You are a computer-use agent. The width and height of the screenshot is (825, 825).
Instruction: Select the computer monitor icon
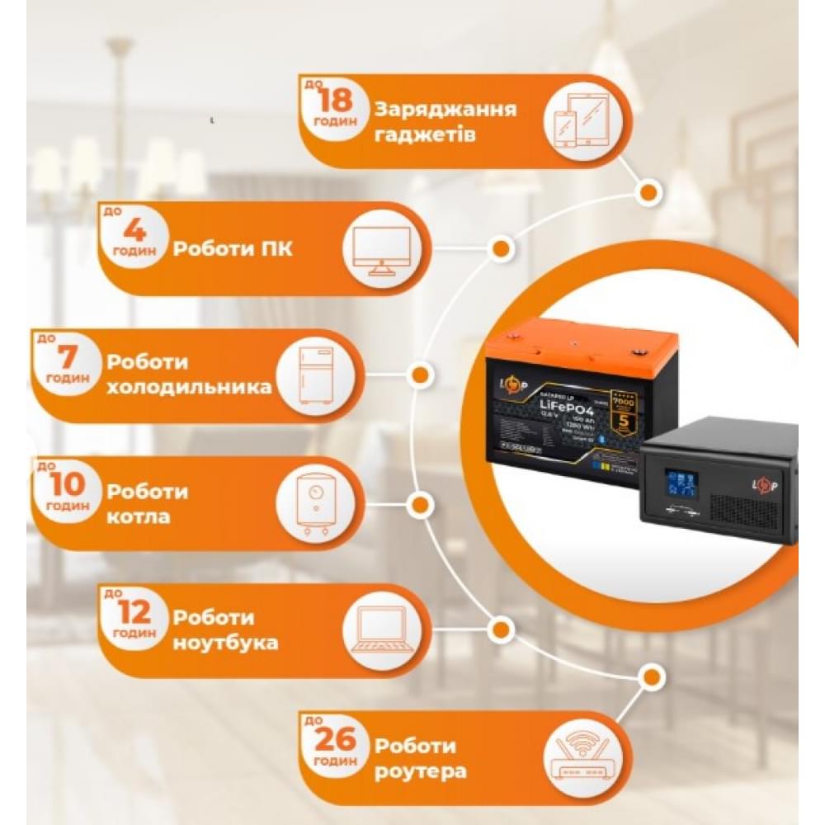[x=380, y=249]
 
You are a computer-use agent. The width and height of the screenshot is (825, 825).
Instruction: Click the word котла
[x=138, y=518]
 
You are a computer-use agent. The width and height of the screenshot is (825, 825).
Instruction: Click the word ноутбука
[x=224, y=643]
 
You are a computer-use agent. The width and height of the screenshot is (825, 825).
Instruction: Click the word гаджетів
[x=424, y=134]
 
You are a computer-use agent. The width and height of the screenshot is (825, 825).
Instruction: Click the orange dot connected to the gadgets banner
[x=648, y=192]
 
